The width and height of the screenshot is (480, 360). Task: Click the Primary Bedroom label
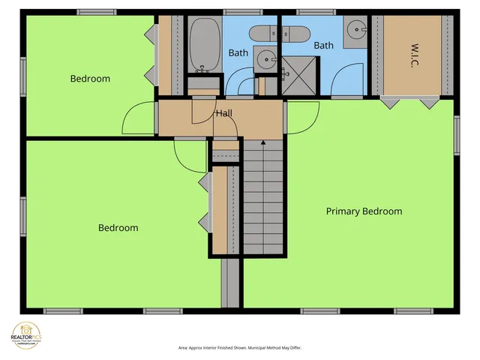pos(364,211)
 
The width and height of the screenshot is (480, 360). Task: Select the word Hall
pos(223,114)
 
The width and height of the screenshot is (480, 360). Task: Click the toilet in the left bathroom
pos(262,32)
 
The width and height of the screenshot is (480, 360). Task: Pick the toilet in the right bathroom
pos(297,32)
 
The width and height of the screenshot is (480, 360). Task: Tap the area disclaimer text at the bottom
pos(240,348)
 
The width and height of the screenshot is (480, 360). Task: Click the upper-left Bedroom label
pos(90,79)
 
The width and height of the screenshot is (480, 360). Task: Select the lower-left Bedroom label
pos(118,228)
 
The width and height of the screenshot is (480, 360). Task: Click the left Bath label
pos(238,52)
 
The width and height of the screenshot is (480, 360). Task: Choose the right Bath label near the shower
pos(323,46)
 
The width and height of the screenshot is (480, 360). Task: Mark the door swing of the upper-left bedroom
pos(139,118)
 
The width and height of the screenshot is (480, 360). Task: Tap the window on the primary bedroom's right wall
pos(457,136)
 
